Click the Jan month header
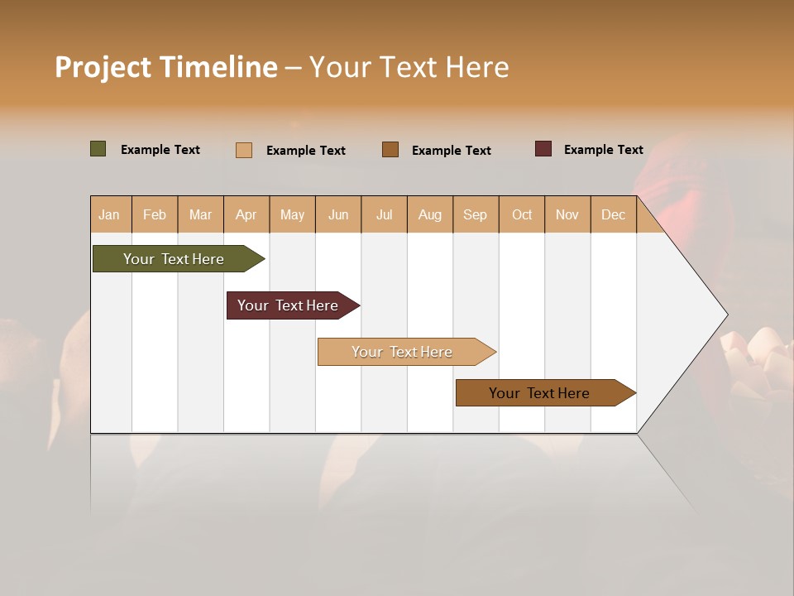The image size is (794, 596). point(109,214)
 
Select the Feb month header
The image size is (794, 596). point(155,214)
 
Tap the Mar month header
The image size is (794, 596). point(200,214)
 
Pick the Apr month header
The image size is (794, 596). point(246,214)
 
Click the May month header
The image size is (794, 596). point(292,214)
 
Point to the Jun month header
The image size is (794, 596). point(338,214)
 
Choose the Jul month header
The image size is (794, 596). point(384,214)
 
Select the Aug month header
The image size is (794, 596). point(430,214)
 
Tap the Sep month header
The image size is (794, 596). point(476,214)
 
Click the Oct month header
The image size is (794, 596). point(522,214)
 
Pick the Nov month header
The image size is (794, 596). point(567,214)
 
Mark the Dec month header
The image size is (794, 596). point(613,214)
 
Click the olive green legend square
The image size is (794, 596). point(98,149)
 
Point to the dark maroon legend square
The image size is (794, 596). point(543,149)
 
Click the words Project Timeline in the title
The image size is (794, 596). point(166,67)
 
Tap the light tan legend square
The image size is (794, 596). point(244,150)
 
